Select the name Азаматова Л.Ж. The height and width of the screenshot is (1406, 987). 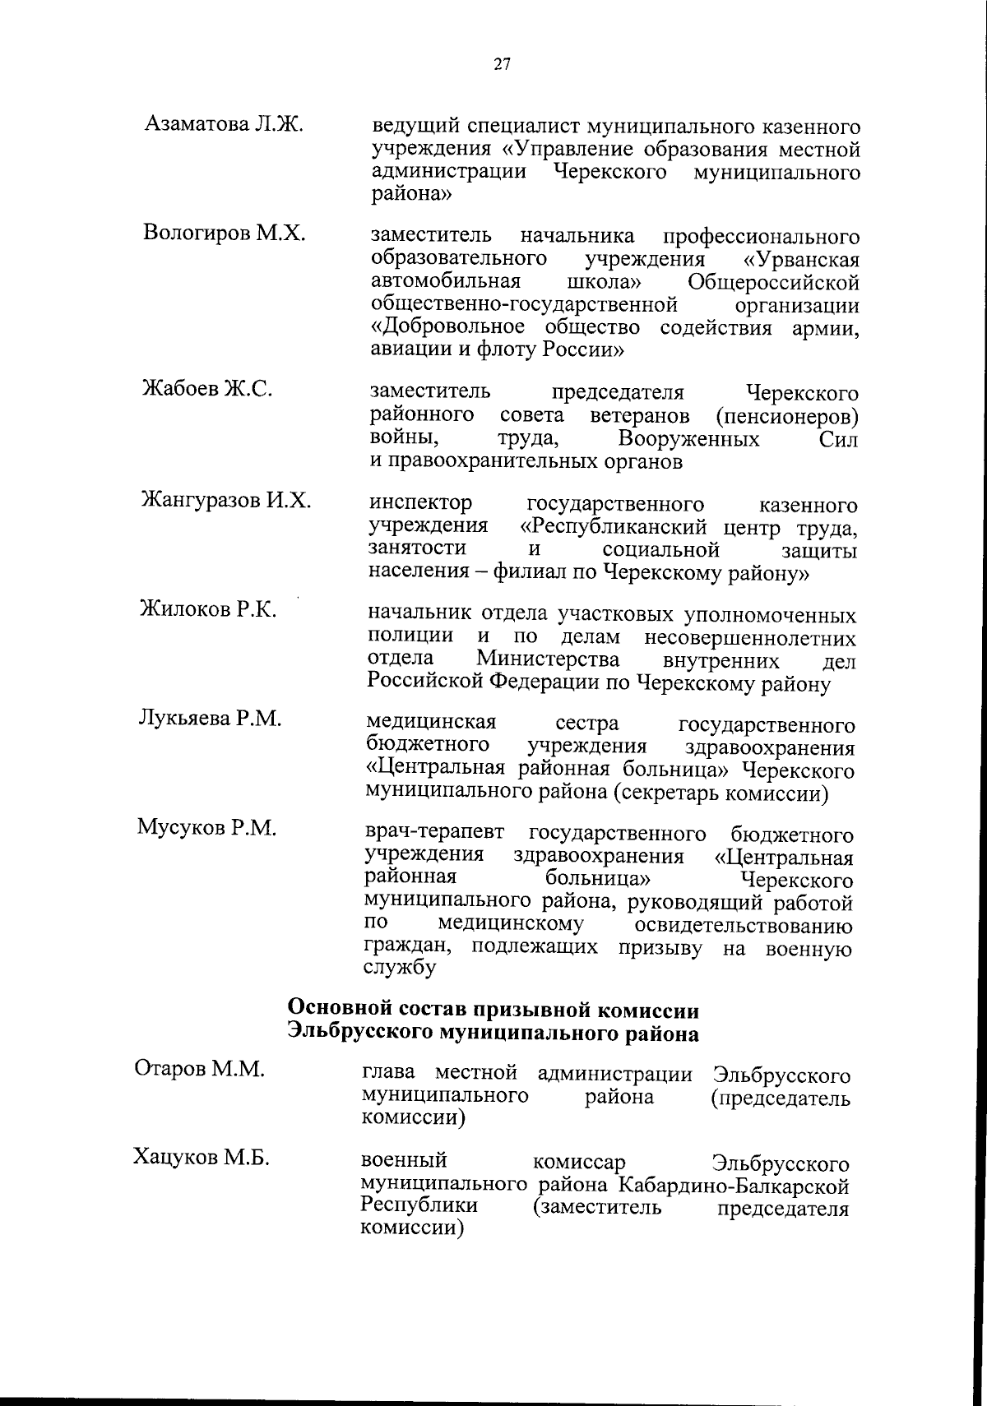[225, 124]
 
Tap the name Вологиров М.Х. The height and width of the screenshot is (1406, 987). [225, 233]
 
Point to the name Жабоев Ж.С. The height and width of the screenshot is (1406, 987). [207, 389]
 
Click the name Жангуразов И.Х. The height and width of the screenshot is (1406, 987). [226, 500]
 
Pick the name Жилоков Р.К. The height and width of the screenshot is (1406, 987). [207, 609]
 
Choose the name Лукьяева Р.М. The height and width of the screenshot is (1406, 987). [210, 719]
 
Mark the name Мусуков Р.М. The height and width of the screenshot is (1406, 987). [206, 828]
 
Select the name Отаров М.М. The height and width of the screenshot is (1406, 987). [200, 1069]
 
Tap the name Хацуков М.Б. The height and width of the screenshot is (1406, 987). [202, 1158]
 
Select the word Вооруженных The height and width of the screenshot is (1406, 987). [688, 439]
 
